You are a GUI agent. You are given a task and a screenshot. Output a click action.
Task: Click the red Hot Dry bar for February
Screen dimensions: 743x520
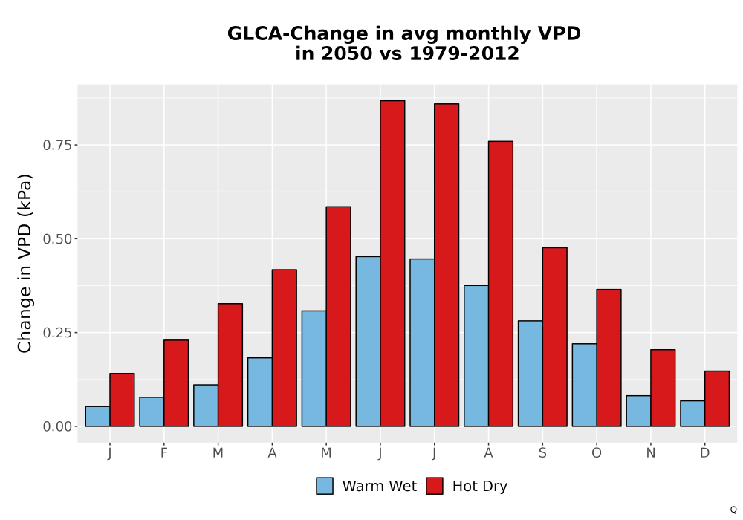tap(176, 383)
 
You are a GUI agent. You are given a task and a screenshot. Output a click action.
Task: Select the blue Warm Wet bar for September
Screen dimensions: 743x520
tap(531, 374)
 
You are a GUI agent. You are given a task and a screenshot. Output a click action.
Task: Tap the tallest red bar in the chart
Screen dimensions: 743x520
tap(392, 263)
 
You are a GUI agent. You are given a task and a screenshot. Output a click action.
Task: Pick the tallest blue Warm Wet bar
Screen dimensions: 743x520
tap(369, 342)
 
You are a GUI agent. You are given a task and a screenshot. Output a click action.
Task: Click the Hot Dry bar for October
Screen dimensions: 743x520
tap(609, 358)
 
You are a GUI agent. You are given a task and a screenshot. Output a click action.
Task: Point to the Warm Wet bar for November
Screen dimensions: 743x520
tap(638, 411)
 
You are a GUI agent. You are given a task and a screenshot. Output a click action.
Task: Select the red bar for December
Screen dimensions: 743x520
tap(717, 399)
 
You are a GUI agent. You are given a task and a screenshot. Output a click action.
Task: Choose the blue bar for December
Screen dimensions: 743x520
tap(692, 414)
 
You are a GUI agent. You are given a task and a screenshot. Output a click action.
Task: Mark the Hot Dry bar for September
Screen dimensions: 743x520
tap(555, 337)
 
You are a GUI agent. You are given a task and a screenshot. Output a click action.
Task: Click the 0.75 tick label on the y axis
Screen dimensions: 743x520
tap(58, 145)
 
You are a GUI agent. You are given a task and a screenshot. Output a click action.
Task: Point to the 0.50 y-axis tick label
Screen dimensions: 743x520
tap(58, 238)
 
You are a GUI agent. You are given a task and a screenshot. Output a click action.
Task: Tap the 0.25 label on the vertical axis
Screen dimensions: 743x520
tap(58, 333)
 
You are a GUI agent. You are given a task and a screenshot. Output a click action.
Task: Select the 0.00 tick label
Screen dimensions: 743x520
tap(58, 426)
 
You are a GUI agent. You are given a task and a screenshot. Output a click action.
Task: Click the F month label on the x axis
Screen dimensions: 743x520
tap(164, 453)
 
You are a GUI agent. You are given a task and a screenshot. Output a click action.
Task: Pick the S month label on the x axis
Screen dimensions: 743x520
tap(542, 453)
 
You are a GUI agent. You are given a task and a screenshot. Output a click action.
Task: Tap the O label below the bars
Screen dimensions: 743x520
tap(597, 453)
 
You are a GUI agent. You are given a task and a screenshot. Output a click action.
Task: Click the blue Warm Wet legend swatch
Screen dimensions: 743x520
tap(325, 486)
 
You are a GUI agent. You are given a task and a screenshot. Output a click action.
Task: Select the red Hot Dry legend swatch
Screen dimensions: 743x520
tap(435, 486)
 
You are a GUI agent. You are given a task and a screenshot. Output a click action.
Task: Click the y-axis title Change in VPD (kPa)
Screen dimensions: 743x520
tap(25, 263)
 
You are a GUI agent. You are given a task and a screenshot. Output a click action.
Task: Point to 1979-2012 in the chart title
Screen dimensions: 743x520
tap(464, 53)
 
